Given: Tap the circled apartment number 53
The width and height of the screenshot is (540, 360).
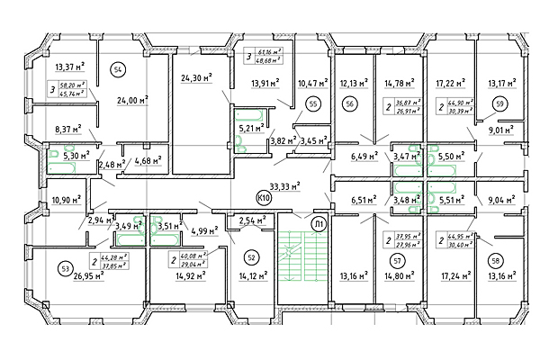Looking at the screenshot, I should coord(64,268).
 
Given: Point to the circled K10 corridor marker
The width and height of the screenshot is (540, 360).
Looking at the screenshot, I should coord(265,196).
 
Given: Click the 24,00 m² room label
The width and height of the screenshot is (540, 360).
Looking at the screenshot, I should coord(130,101).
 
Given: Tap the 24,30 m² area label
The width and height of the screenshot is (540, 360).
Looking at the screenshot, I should coord(194,77).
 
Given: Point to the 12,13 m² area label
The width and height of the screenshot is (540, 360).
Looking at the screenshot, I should coord(355,84).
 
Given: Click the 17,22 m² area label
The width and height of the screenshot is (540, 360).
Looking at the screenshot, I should coord(451,84).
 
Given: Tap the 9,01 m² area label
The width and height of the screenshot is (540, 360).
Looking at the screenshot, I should coord(499,129).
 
